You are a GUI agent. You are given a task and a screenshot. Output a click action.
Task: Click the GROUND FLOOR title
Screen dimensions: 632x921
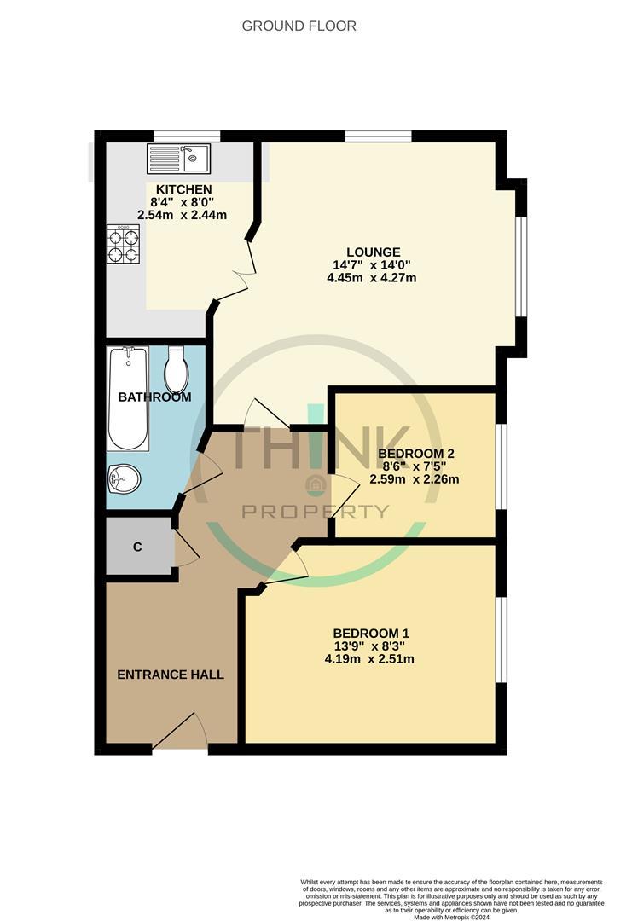coord(299,26)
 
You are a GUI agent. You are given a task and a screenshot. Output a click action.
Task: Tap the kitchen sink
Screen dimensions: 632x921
coord(178,158)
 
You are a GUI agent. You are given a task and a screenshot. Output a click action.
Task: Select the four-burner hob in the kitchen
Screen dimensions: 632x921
coord(124,244)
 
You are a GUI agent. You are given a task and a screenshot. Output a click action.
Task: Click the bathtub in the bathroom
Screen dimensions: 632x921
coord(127,398)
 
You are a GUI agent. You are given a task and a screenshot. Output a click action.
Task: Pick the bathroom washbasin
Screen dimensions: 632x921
coord(124,478)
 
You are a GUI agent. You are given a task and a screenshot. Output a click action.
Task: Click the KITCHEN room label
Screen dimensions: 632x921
coord(184,189)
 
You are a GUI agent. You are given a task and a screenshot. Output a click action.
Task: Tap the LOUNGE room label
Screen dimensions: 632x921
coord(373,252)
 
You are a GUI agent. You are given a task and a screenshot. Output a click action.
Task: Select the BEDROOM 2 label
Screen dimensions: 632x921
coord(416,454)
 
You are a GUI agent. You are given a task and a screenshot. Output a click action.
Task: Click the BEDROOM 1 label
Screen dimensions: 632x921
coord(371,634)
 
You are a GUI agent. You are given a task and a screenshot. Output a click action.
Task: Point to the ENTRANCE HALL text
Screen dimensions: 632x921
coord(171,675)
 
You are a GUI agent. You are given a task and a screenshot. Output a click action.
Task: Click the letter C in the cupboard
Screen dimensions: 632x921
coord(137,547)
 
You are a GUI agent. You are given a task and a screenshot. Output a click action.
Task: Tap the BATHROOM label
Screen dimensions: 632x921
coord(154,397)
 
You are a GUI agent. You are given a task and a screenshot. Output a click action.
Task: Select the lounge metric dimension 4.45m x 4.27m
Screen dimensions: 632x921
coord(371,278)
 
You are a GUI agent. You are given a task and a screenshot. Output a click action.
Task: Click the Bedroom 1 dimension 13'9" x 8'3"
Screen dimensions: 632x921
coord(369,646)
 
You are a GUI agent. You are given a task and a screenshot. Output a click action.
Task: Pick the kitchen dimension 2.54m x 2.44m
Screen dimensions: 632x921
coord(182,215)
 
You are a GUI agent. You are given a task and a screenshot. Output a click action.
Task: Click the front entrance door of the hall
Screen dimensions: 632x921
coord(180,732)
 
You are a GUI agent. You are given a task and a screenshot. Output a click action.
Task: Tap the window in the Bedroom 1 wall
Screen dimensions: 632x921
coord(501,640)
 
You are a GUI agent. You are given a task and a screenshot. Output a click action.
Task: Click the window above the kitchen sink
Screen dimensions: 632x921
coord(187,136)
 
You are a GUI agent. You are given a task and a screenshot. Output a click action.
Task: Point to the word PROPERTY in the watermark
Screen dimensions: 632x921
coord(316,513)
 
